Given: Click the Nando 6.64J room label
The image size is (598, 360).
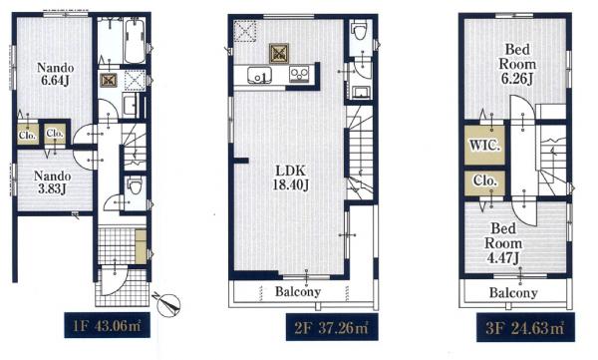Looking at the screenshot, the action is [x=55, y=74].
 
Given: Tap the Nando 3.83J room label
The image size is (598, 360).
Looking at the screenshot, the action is [x=52, y=182].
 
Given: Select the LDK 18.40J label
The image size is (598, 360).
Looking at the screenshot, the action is [x=290, y=178].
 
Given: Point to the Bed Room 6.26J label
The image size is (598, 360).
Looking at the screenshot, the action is [x=517, y=64].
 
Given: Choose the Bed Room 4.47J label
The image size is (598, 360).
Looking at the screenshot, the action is [x=503, y=243].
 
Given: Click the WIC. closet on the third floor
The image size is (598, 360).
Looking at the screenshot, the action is [x=484, y=146].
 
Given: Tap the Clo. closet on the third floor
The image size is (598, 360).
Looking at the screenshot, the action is [x=484, y=182].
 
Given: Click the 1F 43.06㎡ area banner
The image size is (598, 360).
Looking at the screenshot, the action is [x=107, y=325].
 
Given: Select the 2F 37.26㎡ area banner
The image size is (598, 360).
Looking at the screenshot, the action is [x=332, y=327].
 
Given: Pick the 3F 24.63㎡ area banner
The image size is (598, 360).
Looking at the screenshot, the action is [x=525, y=328].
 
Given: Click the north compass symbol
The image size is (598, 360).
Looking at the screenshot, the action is [x=167, y=304].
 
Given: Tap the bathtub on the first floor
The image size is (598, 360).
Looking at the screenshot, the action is [x=135, y=41].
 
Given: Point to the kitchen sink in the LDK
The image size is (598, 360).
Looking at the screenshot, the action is [x=259, y=75].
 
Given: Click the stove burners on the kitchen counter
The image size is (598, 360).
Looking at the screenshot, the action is [x=299, y=74].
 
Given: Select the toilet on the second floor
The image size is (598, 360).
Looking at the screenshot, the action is [x=360, y=30].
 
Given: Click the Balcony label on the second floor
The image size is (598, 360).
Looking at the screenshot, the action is [x=298, y=292].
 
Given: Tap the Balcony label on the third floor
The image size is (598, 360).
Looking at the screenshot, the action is [x=513, y=293].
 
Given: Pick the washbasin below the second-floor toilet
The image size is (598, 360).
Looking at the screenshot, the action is [x=361, y=93].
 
